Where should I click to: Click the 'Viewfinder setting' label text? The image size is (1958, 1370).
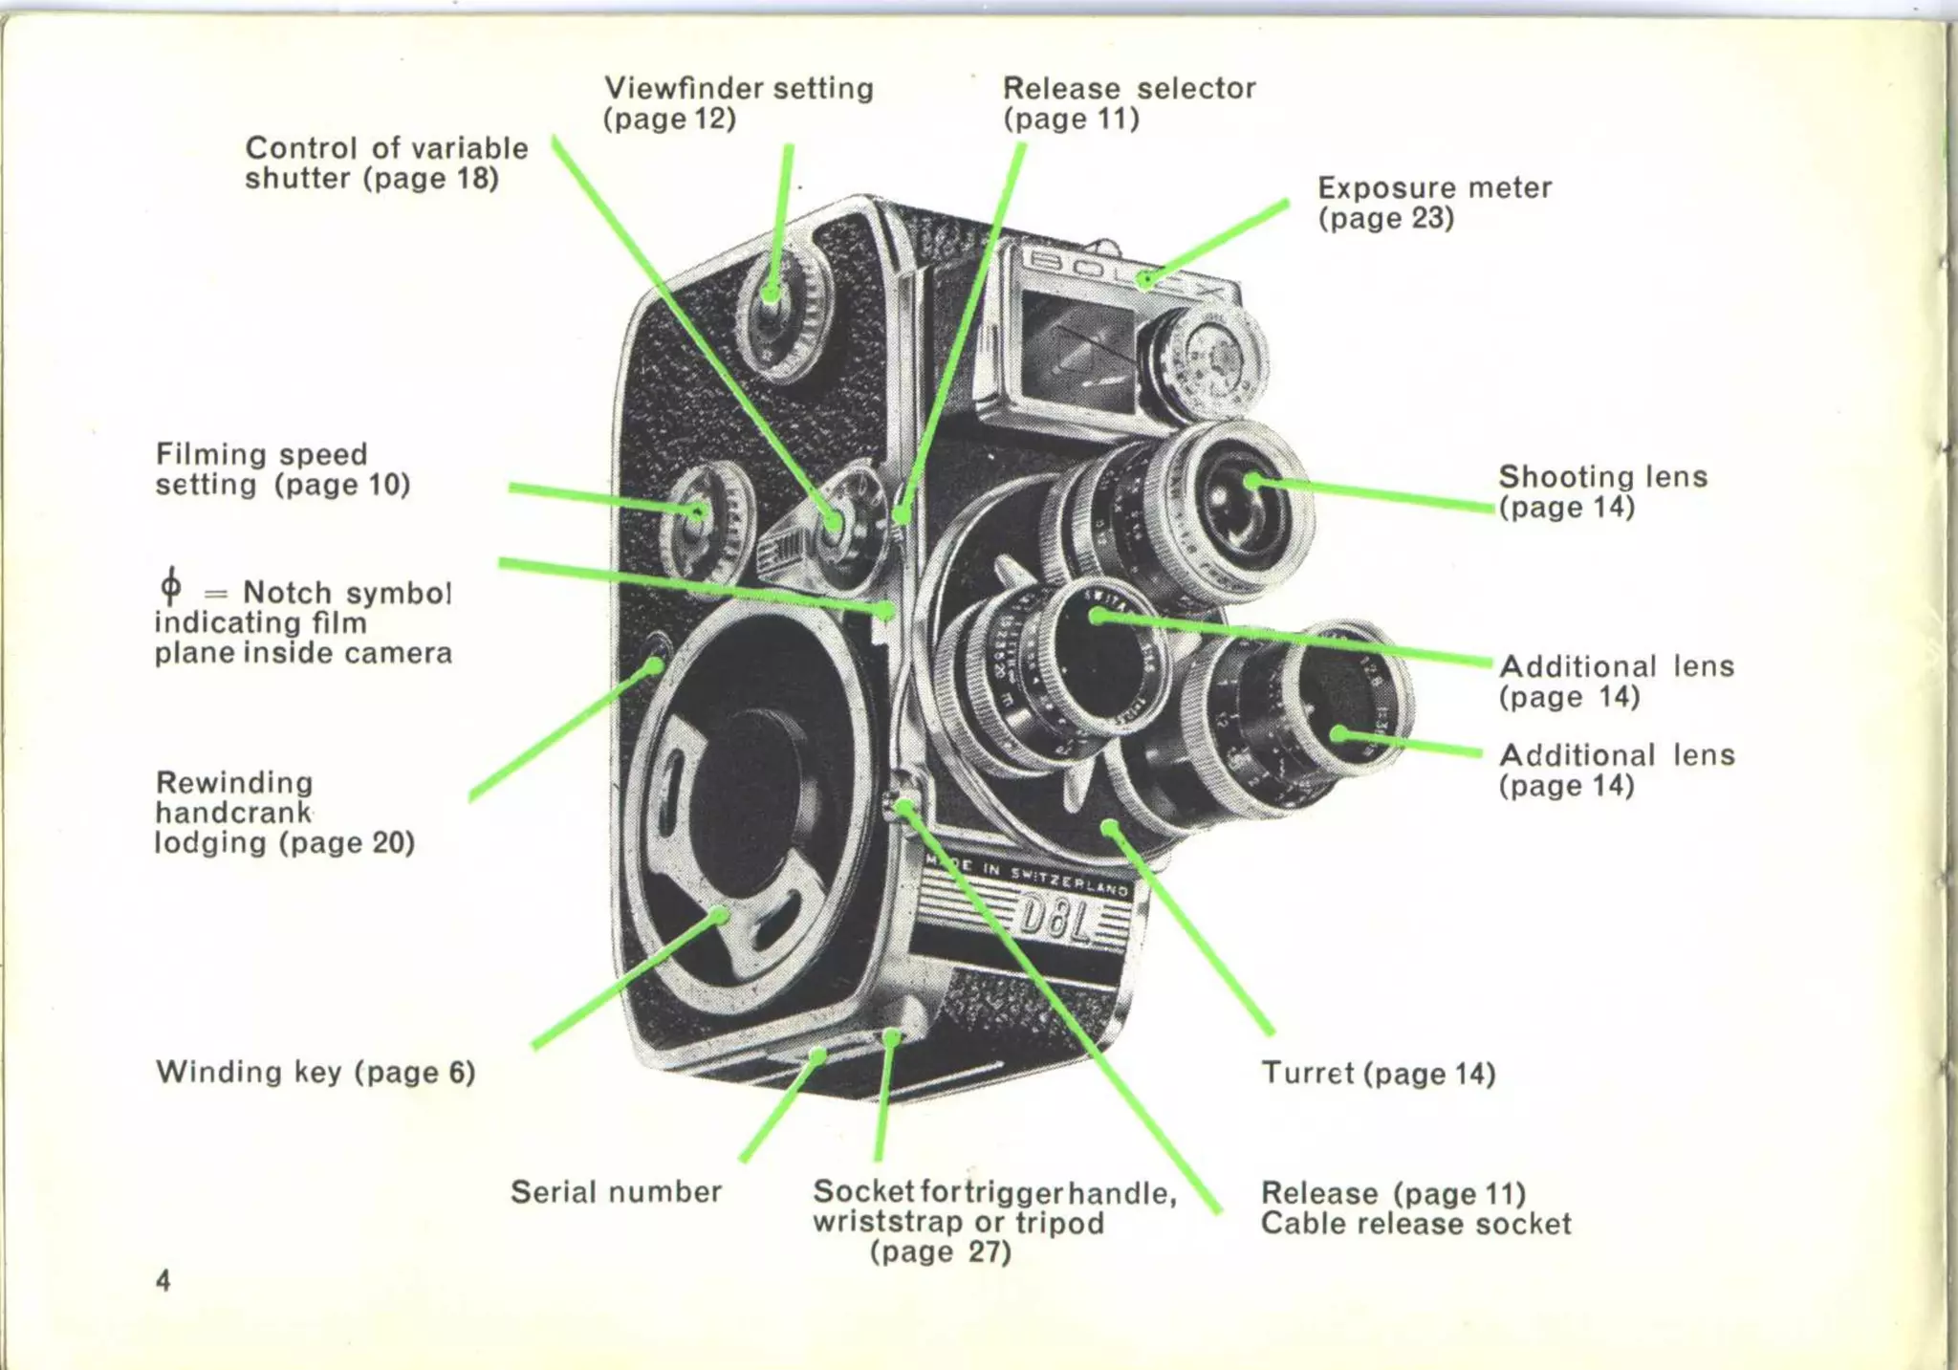[x=738, y=89]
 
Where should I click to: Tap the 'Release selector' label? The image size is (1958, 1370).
[x=1128, y=89]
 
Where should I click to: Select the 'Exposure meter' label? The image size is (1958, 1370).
[x=1433, y=187]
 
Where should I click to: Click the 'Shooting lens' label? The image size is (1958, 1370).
[x=1601, y=476]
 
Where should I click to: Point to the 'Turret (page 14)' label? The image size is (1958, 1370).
[x=1378, y=1073]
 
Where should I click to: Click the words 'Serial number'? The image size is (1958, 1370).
[x=616, y=1191]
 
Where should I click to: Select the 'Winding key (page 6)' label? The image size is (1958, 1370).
[x=315, y=1072]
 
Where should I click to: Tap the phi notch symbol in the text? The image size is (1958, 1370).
[x=170, y=585]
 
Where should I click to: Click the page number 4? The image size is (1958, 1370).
[x=163, y=1280]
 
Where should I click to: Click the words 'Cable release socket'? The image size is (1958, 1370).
[x=1415, y=1224]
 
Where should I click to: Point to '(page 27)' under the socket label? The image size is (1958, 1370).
[x=940, y=1251]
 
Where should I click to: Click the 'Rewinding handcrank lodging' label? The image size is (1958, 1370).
[x=283, y=812]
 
